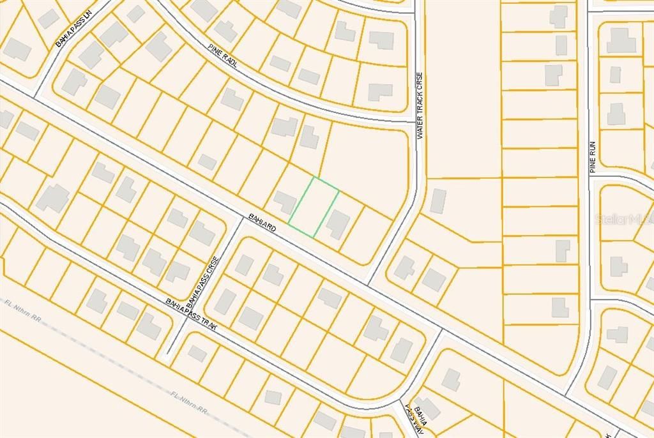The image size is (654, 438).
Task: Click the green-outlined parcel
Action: coord(314,208)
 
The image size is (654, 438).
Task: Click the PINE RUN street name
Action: coord(592,157)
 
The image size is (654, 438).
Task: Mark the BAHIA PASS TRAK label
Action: coord(192,313)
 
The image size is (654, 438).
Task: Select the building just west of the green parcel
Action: coord(285,202)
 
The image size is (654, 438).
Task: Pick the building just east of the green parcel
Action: coord(337,223)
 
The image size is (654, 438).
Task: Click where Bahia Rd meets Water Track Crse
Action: coord(370,282)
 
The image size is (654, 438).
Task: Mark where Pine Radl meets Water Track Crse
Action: coord(416,121)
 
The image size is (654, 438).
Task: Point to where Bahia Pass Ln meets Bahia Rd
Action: coord(35,96)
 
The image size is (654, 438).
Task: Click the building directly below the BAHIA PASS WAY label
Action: coord(426,409)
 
